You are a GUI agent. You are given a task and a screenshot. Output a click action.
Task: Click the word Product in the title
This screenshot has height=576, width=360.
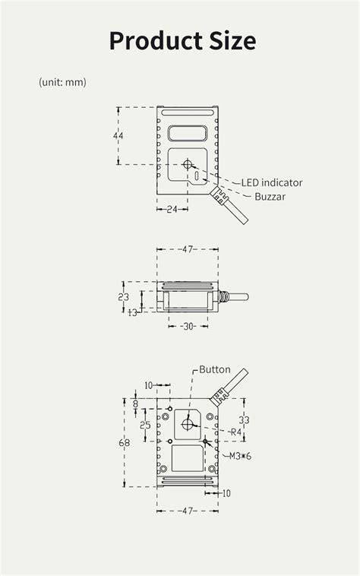(x=153, y=40)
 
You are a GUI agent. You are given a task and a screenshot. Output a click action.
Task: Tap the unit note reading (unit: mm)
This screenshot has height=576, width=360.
(x=63, y=82)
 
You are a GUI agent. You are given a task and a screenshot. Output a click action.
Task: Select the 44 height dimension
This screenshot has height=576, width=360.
(x=118, y=136)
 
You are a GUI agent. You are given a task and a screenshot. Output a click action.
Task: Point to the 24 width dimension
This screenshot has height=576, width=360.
(x=172, y=209)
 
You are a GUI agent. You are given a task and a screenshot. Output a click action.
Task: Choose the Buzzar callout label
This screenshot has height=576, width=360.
(x=270, y=197)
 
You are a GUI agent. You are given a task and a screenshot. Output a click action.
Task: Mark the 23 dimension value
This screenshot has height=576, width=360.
(x=124, y=297)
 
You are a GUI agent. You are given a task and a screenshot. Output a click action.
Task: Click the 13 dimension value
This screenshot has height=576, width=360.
(x=133, y=312)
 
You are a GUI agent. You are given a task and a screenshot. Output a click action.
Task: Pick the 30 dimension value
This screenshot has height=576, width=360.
(x=188, y=326)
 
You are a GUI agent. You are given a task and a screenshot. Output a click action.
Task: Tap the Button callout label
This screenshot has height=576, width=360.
(x=215, y=369)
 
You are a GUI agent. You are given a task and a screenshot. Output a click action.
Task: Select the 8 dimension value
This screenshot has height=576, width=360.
(x=136, y=405)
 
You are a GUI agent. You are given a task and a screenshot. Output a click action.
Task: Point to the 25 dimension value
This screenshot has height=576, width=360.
(x=144, y=425)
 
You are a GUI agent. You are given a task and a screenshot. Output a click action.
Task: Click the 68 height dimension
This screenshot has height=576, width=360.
(x=125, y=442)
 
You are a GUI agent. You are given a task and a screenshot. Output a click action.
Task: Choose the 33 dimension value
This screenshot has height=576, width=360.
(x=244, y=419)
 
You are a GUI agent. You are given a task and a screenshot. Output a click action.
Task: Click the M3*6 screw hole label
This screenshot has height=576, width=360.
(x=241, y=456)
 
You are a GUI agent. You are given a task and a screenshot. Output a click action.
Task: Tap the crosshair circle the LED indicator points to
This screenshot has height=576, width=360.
(x=188, y=163)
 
